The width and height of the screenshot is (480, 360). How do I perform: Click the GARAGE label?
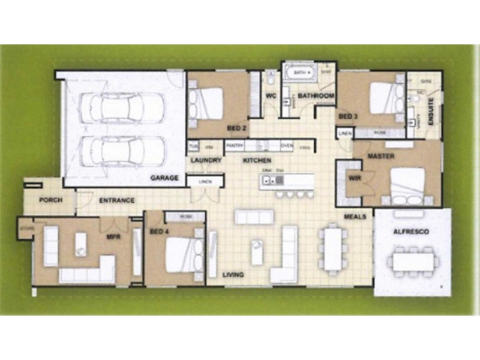[164, 178]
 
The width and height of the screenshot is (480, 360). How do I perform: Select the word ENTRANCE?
[116, 200]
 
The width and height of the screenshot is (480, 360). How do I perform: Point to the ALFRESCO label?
[410, 231]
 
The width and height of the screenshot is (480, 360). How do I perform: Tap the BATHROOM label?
[316, 96]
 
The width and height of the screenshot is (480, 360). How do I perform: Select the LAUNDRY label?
[206, 161]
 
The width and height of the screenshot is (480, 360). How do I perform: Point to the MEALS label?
[355, 216]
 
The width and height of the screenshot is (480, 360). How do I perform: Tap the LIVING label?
[233, 275]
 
